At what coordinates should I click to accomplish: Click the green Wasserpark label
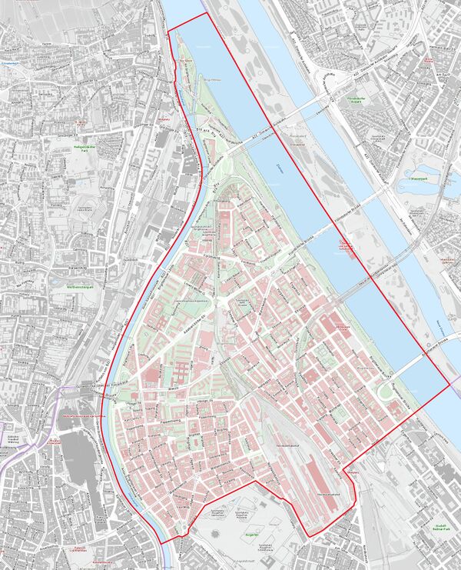419,178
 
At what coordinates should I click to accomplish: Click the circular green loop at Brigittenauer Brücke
384,392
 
